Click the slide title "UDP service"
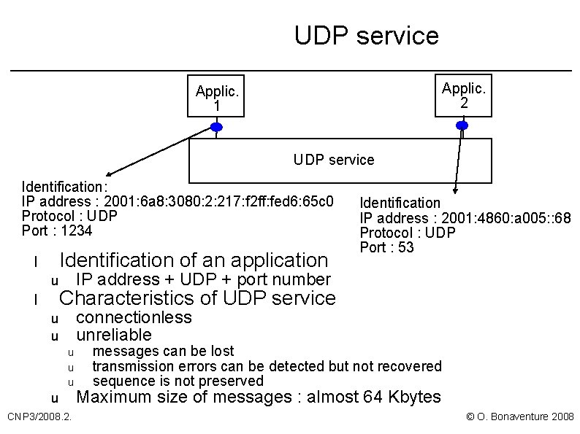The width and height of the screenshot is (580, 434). click(366, 35)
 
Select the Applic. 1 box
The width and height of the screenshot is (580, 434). click(216, 98)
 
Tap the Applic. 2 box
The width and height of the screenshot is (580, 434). click(463, 96)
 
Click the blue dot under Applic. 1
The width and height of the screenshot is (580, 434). click(216, 127)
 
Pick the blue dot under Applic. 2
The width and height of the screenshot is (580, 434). click(462, 126)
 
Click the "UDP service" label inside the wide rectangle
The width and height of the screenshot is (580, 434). click(333, 160)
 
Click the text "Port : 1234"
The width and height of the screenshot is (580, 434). click(57, 230)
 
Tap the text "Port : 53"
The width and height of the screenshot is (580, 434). click(386, 247)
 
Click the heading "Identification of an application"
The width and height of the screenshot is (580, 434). click(194, 260)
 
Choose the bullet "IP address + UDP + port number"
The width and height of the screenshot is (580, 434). click(203, 279)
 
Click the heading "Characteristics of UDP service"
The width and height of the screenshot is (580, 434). click(197, 298)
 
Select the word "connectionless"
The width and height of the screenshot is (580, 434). click(134, 317)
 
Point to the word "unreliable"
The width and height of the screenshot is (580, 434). click(114, 335)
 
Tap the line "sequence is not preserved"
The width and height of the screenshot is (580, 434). click(178, 381)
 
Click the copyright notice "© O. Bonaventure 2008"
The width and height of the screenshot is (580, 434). click(519, 416)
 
